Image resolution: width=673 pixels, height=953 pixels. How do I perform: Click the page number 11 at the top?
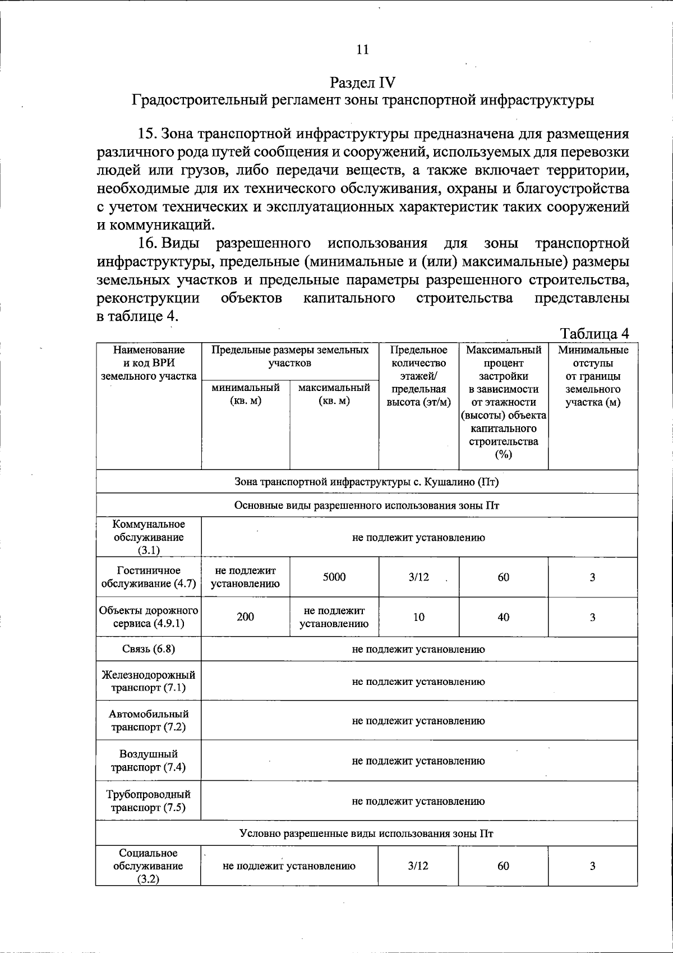point(363,49)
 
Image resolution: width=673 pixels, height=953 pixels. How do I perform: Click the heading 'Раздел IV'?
point(363,82)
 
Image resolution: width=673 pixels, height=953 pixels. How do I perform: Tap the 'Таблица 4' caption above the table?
point(594,334)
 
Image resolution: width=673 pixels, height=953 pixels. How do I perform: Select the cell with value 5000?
point(334,577)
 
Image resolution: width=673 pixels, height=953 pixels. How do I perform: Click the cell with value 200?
point(245,616)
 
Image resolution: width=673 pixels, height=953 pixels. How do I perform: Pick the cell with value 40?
point(503,616)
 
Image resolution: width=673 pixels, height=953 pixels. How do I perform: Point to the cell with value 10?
point(418,616)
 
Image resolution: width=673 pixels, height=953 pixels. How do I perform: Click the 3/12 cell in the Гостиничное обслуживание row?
point(418,577)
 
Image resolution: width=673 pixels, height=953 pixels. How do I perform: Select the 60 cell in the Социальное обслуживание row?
point(503,865)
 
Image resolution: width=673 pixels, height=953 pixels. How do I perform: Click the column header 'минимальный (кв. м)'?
point(246,394)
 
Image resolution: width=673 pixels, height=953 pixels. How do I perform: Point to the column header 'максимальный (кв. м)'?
point(334,394)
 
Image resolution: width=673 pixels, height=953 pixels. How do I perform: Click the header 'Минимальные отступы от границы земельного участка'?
point(593,376)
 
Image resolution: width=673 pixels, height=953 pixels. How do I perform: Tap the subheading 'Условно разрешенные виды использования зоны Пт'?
point(366,833)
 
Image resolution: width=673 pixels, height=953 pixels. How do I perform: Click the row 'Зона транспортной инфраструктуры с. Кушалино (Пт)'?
point(366,481)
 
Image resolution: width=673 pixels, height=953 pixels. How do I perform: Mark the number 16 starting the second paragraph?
point(146,243)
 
